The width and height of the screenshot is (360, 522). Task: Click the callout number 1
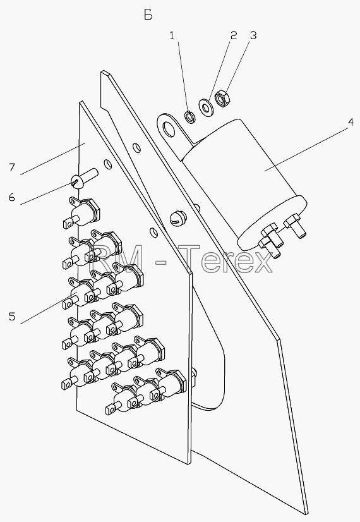click(x=172, y=35)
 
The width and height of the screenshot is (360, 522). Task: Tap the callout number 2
click(x=234, y=35)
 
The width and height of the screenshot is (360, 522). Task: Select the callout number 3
click(x=253, y=35)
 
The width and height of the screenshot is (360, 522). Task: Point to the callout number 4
click(x=351, y=122)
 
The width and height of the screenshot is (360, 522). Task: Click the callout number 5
click(x=12, y=316)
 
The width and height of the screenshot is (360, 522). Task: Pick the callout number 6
click(x=12, y=197)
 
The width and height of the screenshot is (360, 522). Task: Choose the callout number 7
click(x=12, y=167)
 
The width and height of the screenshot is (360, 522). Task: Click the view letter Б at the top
click(x=148, y=15)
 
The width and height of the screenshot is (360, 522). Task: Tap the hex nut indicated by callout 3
click(x=221, y=99)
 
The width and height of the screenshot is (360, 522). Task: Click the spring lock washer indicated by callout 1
click(x=190, y=117)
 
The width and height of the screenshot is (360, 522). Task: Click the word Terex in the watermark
click(x=227, y=258)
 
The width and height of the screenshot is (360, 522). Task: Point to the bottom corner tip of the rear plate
click(x=306, y=514)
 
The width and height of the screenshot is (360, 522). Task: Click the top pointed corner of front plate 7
click(x=80, y=102)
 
